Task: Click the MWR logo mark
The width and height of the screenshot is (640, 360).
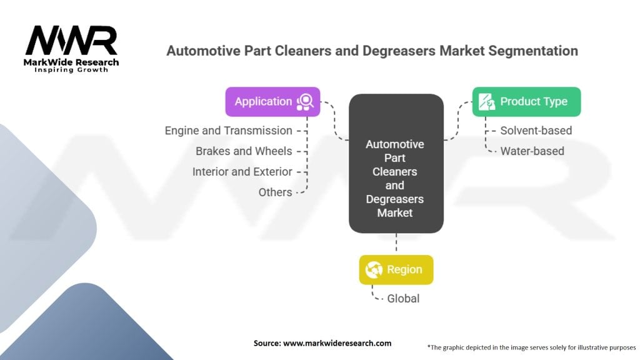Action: click(71, 41)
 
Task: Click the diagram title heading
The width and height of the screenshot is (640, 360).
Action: click(372, 51)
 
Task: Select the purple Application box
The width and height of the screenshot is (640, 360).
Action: click(272, 101)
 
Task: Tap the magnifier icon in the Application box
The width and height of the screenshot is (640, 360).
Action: click(306, 102)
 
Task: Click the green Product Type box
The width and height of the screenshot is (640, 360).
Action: click(526, 101)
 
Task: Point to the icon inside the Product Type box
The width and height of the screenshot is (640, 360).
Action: click(486, 102)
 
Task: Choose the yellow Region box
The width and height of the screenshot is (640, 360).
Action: click(396, 269)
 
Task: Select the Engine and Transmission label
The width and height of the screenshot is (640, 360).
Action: click(229, 131)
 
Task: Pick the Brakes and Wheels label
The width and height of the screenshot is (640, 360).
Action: click(244, 151)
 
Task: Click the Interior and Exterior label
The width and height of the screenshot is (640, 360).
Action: click(242, 171)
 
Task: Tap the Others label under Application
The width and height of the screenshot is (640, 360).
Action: click(275, 192)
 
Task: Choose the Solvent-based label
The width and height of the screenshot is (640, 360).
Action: click(536, 131)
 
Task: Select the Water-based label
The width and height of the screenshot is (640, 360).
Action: click(532, 151)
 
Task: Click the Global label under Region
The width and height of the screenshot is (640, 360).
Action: click(403, 298)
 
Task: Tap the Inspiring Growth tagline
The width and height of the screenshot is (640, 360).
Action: click(71, 69)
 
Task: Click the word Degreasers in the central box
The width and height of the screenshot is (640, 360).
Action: click(395, 199)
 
